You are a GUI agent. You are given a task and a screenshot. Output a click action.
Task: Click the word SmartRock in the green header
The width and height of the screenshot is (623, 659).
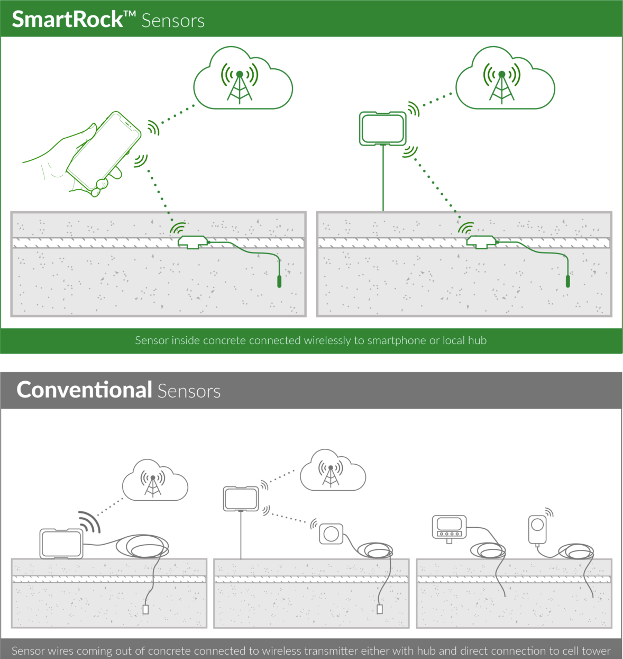[67, 20]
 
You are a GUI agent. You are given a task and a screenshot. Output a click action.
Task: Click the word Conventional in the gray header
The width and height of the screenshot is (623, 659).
[84, 390]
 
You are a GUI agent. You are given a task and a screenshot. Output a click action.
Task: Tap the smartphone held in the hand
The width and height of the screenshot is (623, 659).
[104, 151]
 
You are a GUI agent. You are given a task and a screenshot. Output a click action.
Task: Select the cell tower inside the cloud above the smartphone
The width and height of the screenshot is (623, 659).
[240, 83]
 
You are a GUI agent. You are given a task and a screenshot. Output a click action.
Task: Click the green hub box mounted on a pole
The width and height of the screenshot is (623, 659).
[383, 129]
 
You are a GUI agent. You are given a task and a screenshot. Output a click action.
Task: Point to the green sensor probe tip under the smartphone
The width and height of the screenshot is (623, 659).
[279, 281]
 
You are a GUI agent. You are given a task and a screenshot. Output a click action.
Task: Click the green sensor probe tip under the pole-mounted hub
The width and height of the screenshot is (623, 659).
[568, 281]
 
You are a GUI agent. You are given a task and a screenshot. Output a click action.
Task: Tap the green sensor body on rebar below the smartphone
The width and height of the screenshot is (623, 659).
[193, 242]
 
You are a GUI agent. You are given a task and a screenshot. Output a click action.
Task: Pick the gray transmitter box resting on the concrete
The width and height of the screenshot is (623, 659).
[61, 544]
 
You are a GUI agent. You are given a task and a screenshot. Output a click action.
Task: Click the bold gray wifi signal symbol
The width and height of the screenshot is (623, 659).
[89, 521]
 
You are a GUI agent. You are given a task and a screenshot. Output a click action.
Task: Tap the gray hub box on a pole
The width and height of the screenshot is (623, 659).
[241, 499]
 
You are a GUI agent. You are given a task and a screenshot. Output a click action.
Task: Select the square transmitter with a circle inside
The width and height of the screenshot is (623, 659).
[331, 534]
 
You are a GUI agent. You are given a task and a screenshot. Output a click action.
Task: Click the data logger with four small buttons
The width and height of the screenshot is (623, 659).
[449, 527]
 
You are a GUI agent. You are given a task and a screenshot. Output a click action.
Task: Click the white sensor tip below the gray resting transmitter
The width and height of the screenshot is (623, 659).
[146, 609]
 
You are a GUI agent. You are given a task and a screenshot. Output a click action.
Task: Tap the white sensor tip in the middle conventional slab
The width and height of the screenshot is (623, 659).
[380, 609]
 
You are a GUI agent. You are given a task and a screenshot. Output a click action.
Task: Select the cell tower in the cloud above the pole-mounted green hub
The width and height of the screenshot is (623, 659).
[502, 83]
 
